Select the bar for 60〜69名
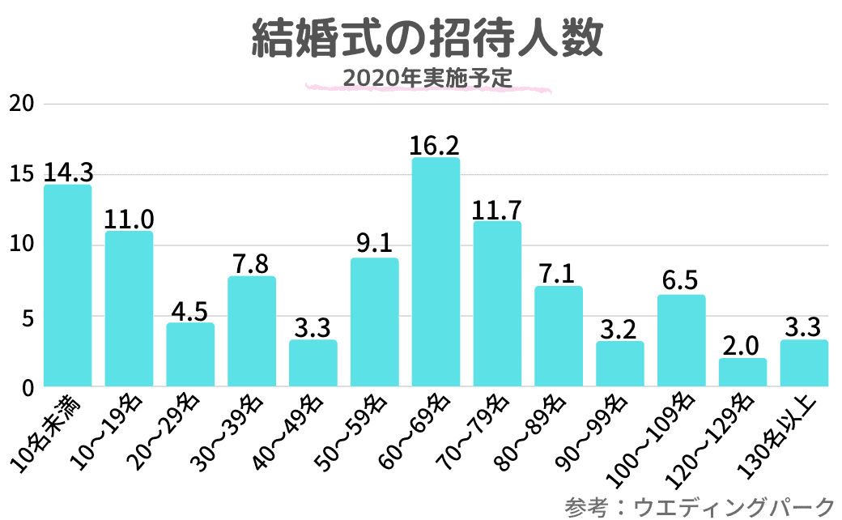[436, 271]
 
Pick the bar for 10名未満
[67, 285]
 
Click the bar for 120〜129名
[742, 372]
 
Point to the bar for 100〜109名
[682, 340]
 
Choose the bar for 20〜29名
[190, 354]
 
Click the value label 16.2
[436, 145]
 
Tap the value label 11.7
[497, 209]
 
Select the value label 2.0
[742, 346]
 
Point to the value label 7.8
[252, 264]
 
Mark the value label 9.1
[375, 245]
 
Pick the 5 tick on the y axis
[27, 318]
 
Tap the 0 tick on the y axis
[27, 388]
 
